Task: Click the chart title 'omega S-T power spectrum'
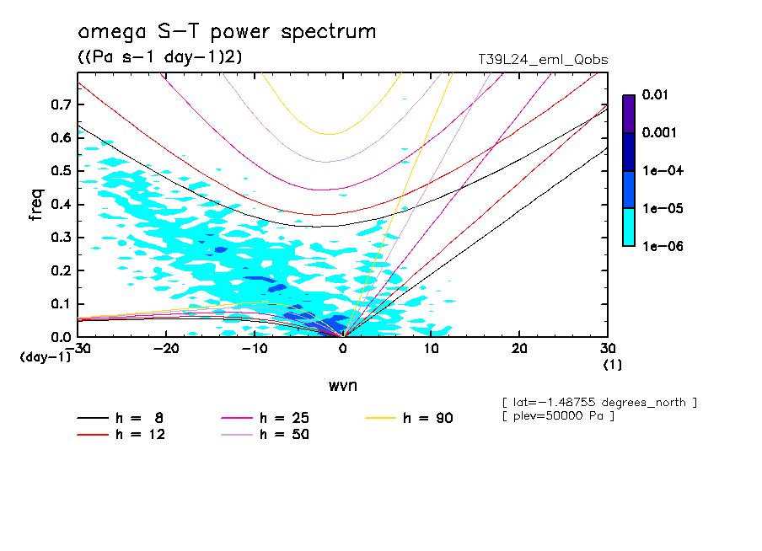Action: [226, 33]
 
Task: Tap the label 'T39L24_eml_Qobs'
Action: [542, 60]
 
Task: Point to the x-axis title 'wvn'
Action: [342, 386]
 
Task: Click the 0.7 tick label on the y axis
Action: [61, 104]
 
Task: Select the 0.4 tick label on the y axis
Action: [61, 205]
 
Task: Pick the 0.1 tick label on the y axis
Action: [61, 304]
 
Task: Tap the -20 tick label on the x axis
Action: [167, 349]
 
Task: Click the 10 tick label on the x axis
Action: [431, 349]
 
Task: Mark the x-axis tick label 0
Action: [343, 349]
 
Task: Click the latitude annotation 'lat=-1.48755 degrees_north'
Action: [598, 402]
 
